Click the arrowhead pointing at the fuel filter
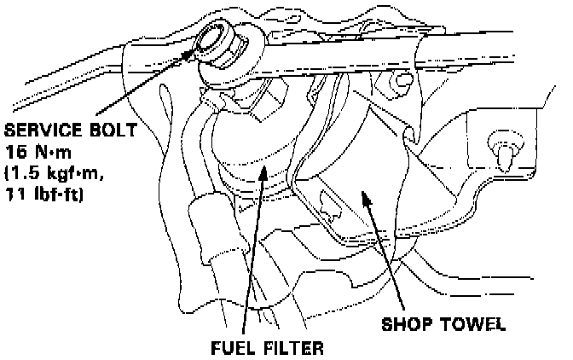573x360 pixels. tap(263, 171)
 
